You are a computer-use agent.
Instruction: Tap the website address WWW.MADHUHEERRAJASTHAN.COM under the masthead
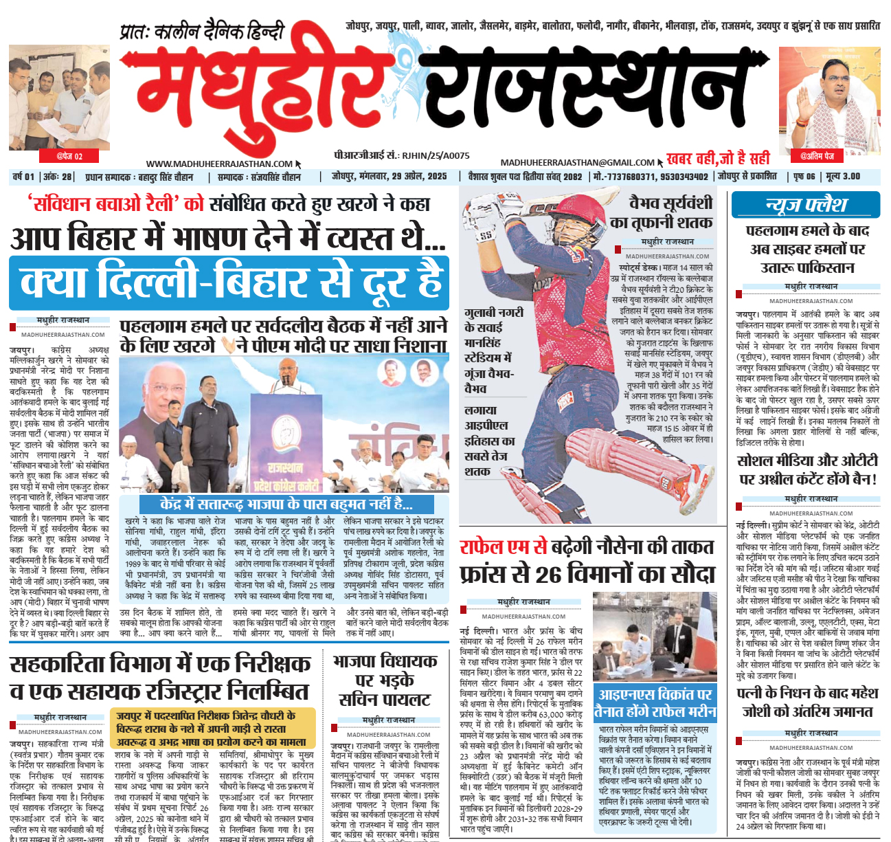pos(219,164)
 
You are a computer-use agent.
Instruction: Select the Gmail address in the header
pos(577,162)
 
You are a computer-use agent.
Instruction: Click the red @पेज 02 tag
pos(69,156)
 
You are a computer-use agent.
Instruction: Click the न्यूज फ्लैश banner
pos(805,205)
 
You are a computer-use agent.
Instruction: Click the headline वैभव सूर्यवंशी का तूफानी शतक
pos(661,213)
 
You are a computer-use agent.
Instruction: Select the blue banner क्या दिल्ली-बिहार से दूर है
pos(229,282)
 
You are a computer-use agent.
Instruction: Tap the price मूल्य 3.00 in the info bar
pos(842,177)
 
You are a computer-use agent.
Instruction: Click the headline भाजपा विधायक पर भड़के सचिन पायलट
pos(385,680)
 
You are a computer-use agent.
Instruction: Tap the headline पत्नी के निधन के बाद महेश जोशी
pos(807,702)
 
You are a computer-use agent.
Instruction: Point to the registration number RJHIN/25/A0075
pos(436,156)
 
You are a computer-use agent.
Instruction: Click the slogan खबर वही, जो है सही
pos(717,159)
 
